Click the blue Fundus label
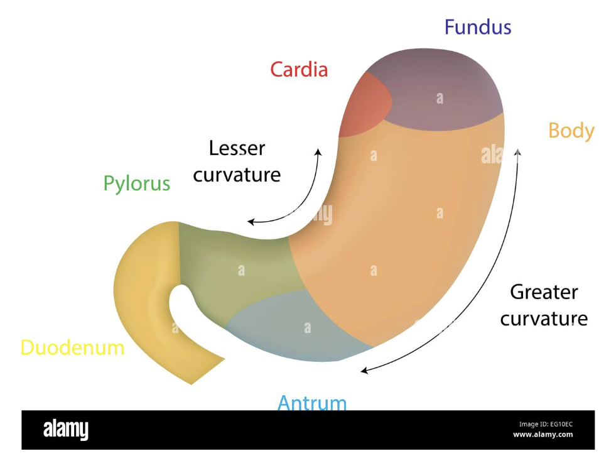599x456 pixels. [478, 28]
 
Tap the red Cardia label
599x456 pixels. [299, 69]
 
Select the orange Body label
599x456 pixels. [571, 131]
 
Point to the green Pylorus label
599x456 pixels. [137, 183]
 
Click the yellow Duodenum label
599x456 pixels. [72, 347]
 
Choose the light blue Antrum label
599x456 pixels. [312, 402]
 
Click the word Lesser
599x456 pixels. [237, 149]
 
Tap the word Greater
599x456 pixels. [544, 292]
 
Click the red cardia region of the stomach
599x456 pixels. [363, 107]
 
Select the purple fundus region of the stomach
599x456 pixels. [440, 91]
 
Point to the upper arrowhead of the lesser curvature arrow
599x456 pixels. [318, 152]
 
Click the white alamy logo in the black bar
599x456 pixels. [65, 430]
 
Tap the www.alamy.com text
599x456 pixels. [542, 435]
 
